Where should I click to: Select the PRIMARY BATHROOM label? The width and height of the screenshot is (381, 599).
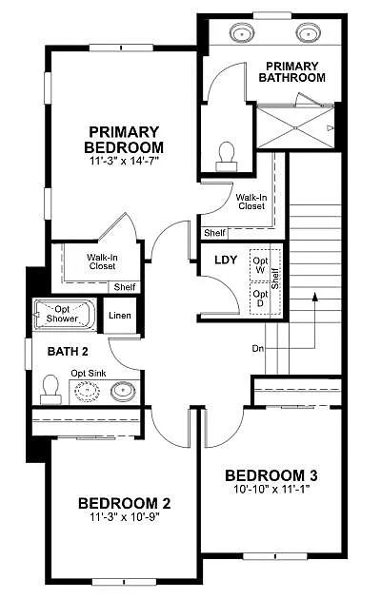point(291,71)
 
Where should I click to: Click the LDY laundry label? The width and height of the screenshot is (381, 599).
point(226,260)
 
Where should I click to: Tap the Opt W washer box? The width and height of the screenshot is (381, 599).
point(259,265)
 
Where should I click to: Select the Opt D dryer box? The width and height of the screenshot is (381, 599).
point(259,297)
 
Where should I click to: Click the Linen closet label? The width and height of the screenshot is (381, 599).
point(120,316)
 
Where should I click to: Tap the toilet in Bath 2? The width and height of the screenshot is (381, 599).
point(50,387)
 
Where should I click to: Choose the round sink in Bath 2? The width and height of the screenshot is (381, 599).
point(122,389)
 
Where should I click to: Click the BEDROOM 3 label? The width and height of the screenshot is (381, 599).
point(271,475)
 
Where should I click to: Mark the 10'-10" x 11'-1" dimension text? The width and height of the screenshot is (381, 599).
point(271,491)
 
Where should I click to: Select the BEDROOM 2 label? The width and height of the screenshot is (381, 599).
point(124,503)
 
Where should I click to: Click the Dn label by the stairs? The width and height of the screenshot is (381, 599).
point(258,348)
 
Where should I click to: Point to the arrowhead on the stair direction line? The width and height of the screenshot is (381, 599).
point(313,297)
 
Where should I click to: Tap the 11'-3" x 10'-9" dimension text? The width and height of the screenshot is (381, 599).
point(124,519)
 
